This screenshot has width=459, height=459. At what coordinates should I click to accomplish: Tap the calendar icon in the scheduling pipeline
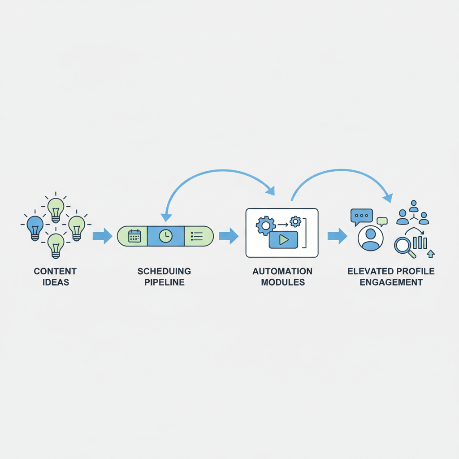(x=134, y=236)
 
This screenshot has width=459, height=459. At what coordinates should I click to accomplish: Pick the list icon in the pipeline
(x=196, y=236)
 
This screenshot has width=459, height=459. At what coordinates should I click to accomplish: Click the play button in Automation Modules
(x=283, y=240)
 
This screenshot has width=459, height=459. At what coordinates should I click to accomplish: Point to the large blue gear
(x=265, y=225)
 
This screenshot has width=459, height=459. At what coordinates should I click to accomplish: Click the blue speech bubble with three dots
(x=361, y=216)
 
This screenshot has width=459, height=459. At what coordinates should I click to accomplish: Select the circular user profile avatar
(x=371, y=238)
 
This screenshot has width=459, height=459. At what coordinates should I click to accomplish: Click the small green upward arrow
(x=431, y=254)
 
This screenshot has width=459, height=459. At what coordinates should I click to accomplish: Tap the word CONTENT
(x=55, y=271)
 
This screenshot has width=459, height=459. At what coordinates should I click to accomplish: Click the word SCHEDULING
(x=164, y=271)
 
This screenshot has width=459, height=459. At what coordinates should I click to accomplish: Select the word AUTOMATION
(x=282, y=271)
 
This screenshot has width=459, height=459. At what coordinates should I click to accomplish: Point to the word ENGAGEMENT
(x=391, y=282)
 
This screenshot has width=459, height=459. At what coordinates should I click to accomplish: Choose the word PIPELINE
(x=164, y=282)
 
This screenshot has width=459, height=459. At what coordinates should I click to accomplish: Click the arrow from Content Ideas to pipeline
(x=102, y=236)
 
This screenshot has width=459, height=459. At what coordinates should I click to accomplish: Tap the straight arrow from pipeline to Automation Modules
(x=229, y=236)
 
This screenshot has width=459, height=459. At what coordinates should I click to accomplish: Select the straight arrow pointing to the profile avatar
(x=337, y=236)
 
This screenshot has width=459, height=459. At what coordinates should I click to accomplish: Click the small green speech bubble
(x=382, y=221)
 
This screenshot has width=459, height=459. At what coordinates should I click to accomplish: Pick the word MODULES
(x=282, y=282)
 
